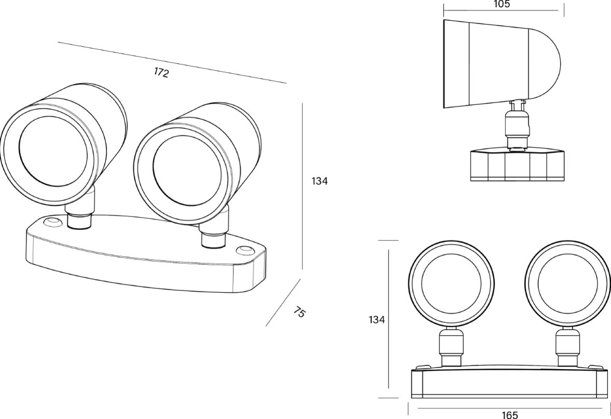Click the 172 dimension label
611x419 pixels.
pos(161,73)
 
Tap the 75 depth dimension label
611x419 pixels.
pos(299,312)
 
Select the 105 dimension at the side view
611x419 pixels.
pos(502,4)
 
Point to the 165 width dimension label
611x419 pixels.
pos(510,414)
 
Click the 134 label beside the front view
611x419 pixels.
pos(377,319)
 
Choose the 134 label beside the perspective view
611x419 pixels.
pos(320,181)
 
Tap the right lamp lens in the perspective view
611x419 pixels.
pos(188,171)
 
